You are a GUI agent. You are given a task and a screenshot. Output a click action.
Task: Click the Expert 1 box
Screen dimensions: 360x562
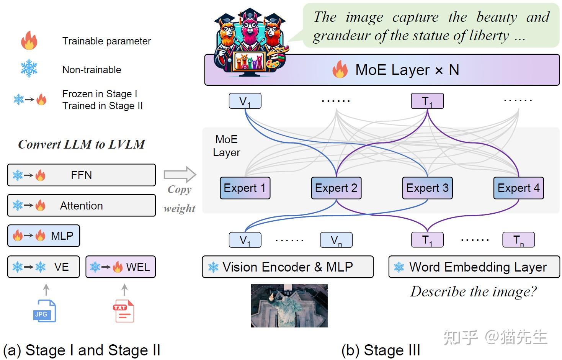(x=245, y=188)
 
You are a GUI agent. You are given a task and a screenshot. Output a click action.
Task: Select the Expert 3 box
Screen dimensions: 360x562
(x=427, y=188)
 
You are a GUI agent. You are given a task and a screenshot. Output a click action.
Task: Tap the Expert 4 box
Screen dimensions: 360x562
(x=518, y=188)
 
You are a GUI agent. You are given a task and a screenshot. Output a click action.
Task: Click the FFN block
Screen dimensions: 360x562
(x=81, y=175)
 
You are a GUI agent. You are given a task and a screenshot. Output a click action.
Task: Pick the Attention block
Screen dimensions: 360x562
(x=81, y=206)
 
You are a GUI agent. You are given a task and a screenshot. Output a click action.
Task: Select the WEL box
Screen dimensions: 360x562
(x=121, y=267)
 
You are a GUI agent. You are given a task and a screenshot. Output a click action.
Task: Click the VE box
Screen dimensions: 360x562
(x=43, y=267)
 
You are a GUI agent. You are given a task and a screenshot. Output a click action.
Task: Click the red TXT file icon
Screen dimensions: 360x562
(x=123, y=311)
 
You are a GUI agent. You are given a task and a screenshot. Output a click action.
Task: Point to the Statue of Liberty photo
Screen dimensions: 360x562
(x=289, y=306)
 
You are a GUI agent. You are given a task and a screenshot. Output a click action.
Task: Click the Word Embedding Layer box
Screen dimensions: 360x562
(x=474, y=267)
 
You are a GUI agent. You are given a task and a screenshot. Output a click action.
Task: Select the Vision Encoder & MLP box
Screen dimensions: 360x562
(x=288, y=267)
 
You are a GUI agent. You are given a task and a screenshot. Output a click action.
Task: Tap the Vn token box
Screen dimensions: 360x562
(x=336, y=240)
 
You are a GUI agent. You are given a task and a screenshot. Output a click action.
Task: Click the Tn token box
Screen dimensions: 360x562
(x=518, y=240)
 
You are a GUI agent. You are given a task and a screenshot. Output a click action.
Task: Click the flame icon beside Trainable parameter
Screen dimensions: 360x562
(x=29, y=41)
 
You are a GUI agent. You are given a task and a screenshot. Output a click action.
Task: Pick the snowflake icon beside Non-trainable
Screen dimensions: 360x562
(x=29, y=69)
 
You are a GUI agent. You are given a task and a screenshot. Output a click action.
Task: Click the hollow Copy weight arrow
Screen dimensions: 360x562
(x=180, y=175)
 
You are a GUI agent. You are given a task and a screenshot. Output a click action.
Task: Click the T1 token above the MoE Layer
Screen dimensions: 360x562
(x=427, y=101)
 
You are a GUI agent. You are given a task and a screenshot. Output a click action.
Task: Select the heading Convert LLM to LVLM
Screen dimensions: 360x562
(x=82, y=144)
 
